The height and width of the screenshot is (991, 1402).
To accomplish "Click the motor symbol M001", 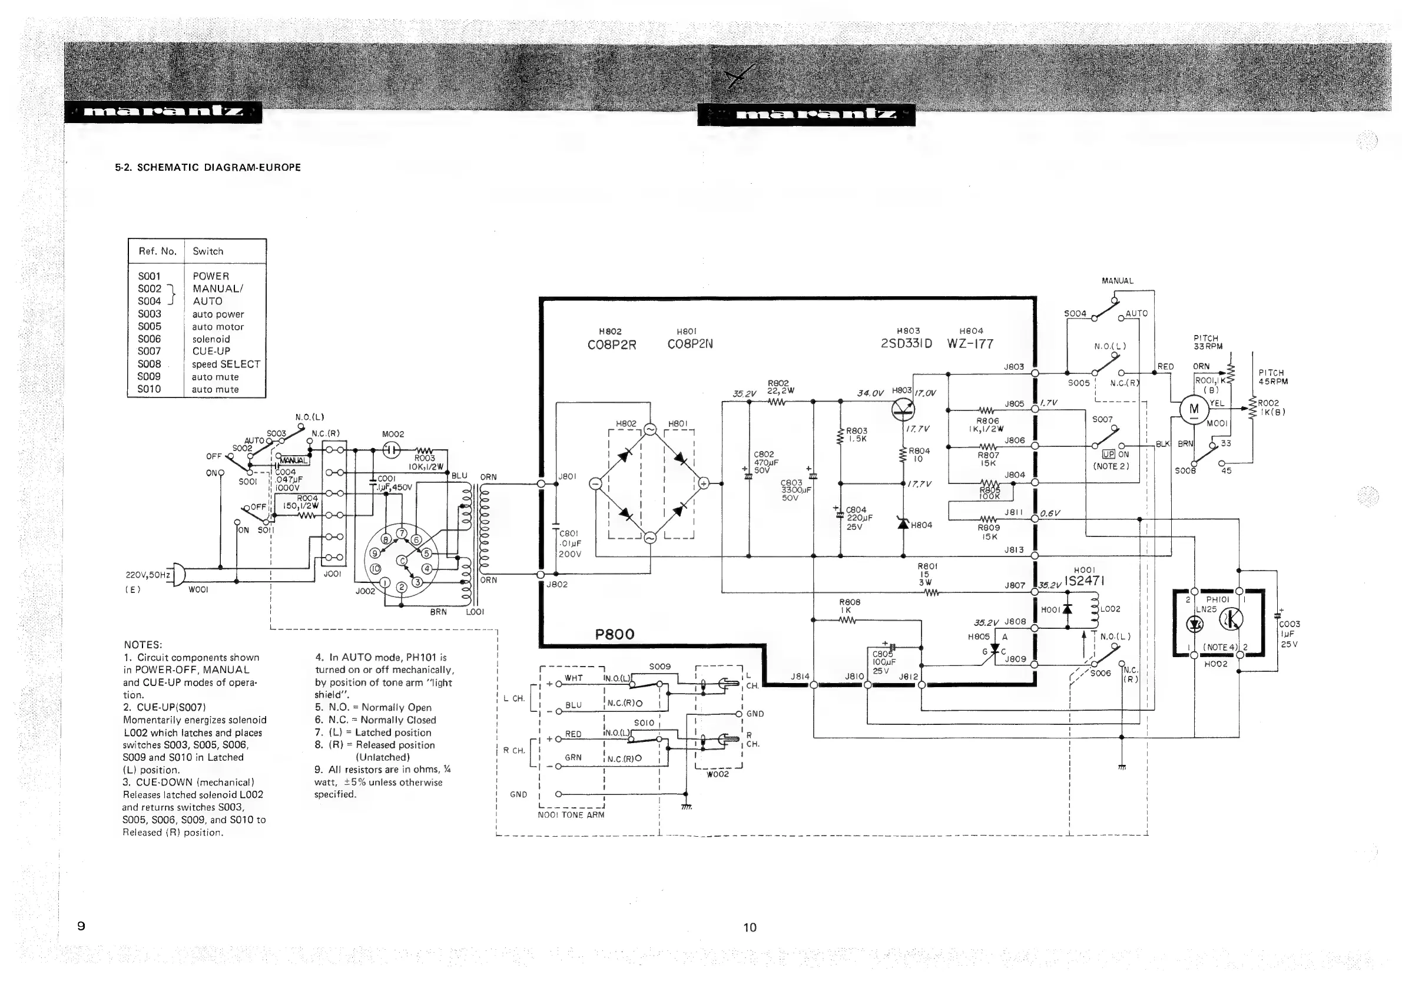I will pos(1193,409).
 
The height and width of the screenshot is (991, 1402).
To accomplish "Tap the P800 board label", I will pos(614,634).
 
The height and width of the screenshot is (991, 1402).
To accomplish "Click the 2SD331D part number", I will pos(906,344).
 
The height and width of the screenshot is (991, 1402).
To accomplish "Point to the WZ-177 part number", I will pos(970,344).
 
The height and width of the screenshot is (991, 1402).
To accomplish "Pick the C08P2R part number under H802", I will pos(611,345).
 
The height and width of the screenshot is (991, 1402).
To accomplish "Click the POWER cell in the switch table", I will pos(211,276).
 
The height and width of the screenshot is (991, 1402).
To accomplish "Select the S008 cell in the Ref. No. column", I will pos(150,364).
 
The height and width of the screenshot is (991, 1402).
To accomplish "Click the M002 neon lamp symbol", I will pos(392,450).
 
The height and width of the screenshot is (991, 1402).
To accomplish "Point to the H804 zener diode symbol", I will pos(904,523).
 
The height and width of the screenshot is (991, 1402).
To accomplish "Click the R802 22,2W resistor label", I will pos(780,387).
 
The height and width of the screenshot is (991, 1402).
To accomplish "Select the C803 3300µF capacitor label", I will pos(792,490).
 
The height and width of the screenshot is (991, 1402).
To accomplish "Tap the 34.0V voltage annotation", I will pos(870,393).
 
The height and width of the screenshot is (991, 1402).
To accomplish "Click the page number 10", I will pos(750,927).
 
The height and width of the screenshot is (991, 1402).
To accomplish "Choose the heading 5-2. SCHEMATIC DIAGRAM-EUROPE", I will pos(208,167).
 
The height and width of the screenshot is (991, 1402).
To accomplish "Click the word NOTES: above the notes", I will pos(143,645).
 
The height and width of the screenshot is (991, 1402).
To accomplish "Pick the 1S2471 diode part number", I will pos(1084,581).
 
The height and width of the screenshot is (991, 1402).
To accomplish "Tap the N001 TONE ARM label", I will pos(571,814).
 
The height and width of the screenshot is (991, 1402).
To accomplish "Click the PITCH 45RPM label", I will pos(1273,377).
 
